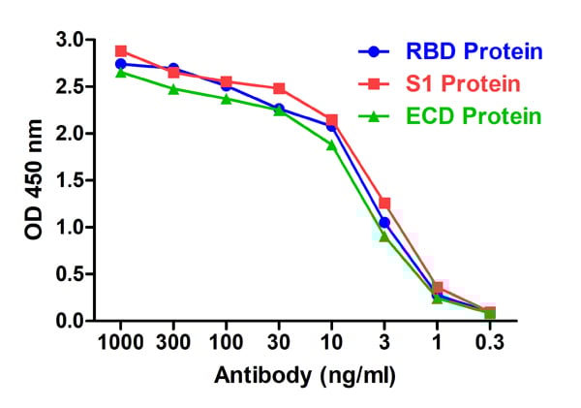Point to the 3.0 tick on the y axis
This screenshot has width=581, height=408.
point(70,40)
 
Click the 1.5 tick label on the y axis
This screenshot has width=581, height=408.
point(70,180)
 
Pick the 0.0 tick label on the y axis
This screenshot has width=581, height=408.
point(70,321)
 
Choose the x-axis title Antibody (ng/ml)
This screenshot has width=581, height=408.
point(304,375)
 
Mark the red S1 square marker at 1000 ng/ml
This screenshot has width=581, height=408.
point(121,50)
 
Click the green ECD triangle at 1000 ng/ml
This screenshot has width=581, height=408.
point(121,72)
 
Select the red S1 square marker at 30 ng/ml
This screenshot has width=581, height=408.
point(279,88)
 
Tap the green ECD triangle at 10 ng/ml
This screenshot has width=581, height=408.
point(331,144)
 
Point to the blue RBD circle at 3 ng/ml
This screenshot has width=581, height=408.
point(384,222)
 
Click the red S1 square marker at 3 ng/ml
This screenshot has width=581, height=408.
point(384,203)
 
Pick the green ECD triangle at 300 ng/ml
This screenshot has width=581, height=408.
point(173,88)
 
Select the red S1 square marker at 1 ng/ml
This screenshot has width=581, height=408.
point(437,288)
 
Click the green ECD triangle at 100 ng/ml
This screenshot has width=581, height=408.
point(226,99)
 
